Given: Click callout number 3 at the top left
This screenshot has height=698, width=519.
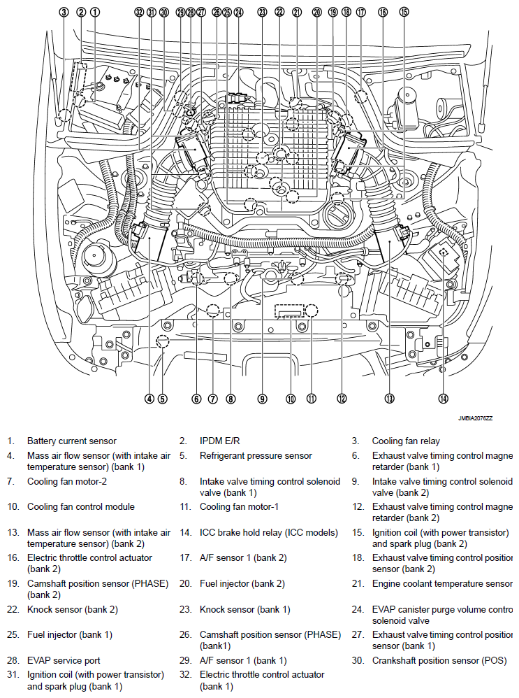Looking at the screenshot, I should [64, 12].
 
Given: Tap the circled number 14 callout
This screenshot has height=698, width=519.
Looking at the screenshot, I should [443, 399].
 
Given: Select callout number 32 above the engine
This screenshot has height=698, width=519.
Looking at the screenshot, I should [140, 12].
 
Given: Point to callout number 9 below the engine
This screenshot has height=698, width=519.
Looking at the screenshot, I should [262, 399].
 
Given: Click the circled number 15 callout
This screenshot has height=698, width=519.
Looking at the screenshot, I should [404, 12].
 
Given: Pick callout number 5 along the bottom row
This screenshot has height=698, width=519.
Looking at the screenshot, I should [162, 399].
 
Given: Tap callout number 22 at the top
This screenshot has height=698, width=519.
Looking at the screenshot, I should [280, 12].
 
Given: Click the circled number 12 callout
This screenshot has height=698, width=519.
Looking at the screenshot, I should [342, 399].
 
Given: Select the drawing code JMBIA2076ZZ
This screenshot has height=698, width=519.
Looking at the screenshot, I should [475, 418].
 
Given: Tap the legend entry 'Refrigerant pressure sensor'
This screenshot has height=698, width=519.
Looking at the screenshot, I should [256, 455].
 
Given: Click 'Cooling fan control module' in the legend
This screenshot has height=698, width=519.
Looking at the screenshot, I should [81, 506].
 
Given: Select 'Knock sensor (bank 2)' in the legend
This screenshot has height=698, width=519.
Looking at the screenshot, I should [73, 609].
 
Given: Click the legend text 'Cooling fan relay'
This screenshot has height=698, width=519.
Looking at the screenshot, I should [406, 441].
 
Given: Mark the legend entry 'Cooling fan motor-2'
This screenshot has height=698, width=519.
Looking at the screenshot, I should [67, 481].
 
